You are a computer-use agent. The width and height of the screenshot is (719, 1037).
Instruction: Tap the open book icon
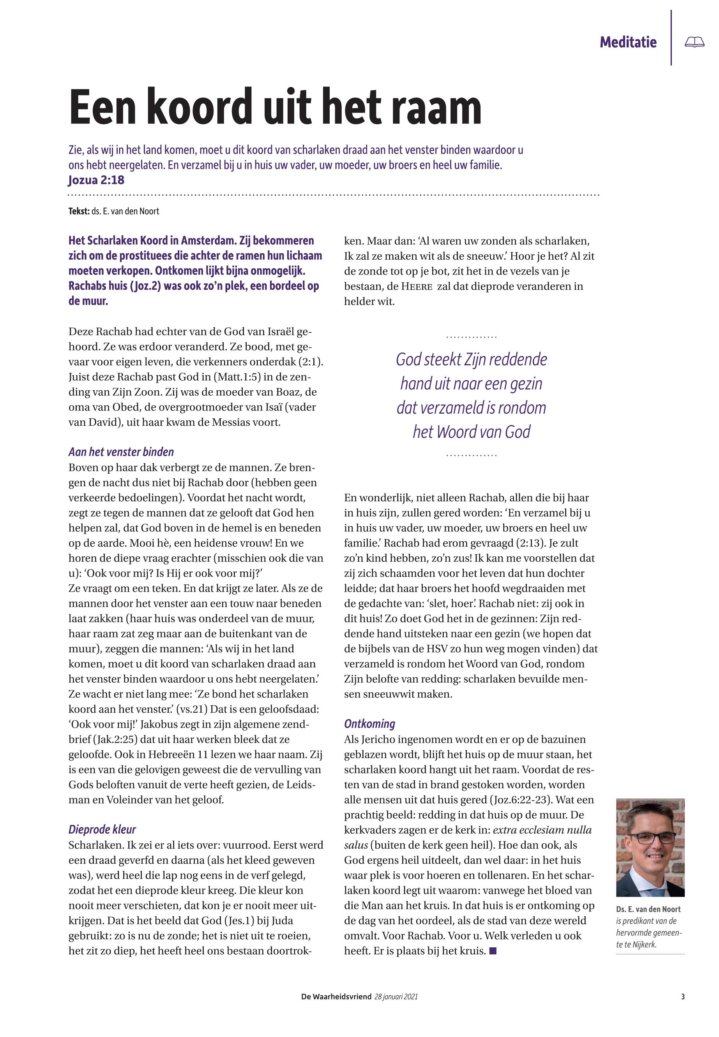tap(694, 42)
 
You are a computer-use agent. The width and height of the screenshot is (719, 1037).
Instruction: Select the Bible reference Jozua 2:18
tap(96, 180)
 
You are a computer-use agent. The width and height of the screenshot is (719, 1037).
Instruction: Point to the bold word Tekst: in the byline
tap(79, 211)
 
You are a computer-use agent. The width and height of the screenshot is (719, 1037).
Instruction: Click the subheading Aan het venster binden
tap(121, 451)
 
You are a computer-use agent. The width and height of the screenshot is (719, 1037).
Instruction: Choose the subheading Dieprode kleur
tap(102, 829)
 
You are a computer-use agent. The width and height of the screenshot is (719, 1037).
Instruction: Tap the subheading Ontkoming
tap(369, 724)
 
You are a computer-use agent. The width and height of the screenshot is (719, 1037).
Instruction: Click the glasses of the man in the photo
tap(652, 838)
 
